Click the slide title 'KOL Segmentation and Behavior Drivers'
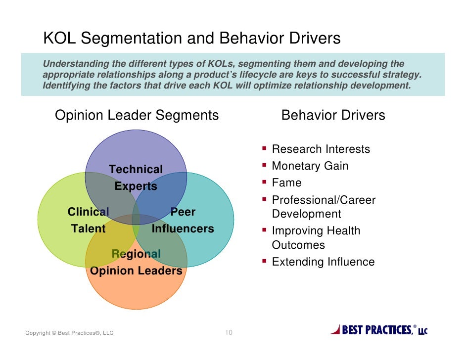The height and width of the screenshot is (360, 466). pos(192,39)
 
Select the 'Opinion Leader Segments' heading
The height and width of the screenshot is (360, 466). pos(137,115)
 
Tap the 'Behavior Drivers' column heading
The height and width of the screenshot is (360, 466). pos(333,115)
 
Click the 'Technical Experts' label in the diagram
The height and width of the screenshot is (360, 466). pos(136,178)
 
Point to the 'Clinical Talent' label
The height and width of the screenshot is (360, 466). pos(88,221)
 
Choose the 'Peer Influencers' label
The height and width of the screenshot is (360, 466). pos(183,221)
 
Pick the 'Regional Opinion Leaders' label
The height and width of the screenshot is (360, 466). pos(136,263)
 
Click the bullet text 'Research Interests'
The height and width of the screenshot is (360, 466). pos(321,149)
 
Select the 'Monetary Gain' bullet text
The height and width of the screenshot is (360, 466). pos(310,166)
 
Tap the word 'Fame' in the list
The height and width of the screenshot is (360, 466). pos(286,183)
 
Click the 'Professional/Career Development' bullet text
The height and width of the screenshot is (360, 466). pos(324,207)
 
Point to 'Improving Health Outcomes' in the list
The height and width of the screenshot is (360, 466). pos(316,238)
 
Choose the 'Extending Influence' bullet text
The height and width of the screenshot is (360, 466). pos(323,262)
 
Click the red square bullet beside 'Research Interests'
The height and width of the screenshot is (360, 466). pos(265,148)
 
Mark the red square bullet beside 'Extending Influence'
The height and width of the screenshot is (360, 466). pos(265,261)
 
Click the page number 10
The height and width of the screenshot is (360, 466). pos(229,333)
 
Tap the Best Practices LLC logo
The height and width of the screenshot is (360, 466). pos(379,330)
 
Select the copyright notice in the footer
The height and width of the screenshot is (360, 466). pos(69,333)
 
